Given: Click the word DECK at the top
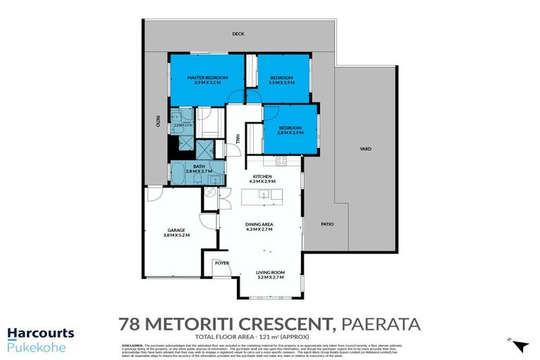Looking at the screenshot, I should point(240,33).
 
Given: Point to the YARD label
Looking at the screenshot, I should point(366,149).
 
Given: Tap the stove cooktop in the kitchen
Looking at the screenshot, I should point(281,161).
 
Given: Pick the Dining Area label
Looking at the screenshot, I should point(259,226).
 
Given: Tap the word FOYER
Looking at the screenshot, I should point(222,264).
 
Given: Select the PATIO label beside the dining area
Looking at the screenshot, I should point(327,224).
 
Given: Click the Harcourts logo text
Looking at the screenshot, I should point(40,333).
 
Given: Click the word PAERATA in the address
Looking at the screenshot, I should point(380,324).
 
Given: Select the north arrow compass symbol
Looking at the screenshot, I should point(520,345).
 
